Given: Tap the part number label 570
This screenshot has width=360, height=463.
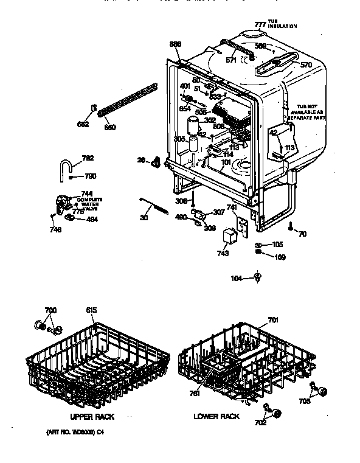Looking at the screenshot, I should click(305, 64).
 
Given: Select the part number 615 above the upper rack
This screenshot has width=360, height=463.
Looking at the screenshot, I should click(91, 311).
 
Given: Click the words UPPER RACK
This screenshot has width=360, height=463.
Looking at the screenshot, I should click(92, 417).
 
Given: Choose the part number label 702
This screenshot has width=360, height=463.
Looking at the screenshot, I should click(260, 422).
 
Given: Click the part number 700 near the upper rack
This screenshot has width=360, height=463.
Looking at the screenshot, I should click(50, 311).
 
